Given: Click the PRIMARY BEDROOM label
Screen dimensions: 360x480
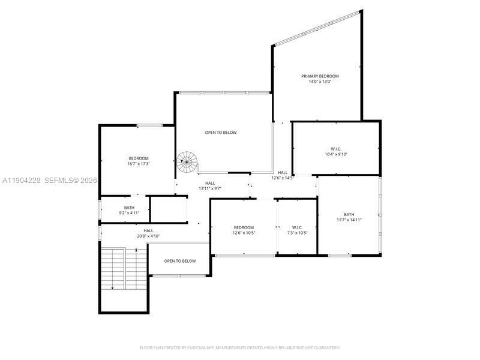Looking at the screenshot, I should (320, 76).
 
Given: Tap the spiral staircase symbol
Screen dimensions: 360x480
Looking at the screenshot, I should (187, 161).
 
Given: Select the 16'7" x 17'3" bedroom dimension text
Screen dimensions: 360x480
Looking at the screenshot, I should (138, 164).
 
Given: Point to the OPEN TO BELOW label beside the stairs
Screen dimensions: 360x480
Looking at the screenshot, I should (180, 261).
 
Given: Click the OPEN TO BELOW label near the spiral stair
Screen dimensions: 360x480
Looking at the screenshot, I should (220, 132).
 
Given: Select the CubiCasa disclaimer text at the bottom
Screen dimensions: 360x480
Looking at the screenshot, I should (239, 347).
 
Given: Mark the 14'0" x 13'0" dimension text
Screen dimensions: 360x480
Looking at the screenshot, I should (320, 82).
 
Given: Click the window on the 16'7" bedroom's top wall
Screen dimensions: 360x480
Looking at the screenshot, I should (149, 125).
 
